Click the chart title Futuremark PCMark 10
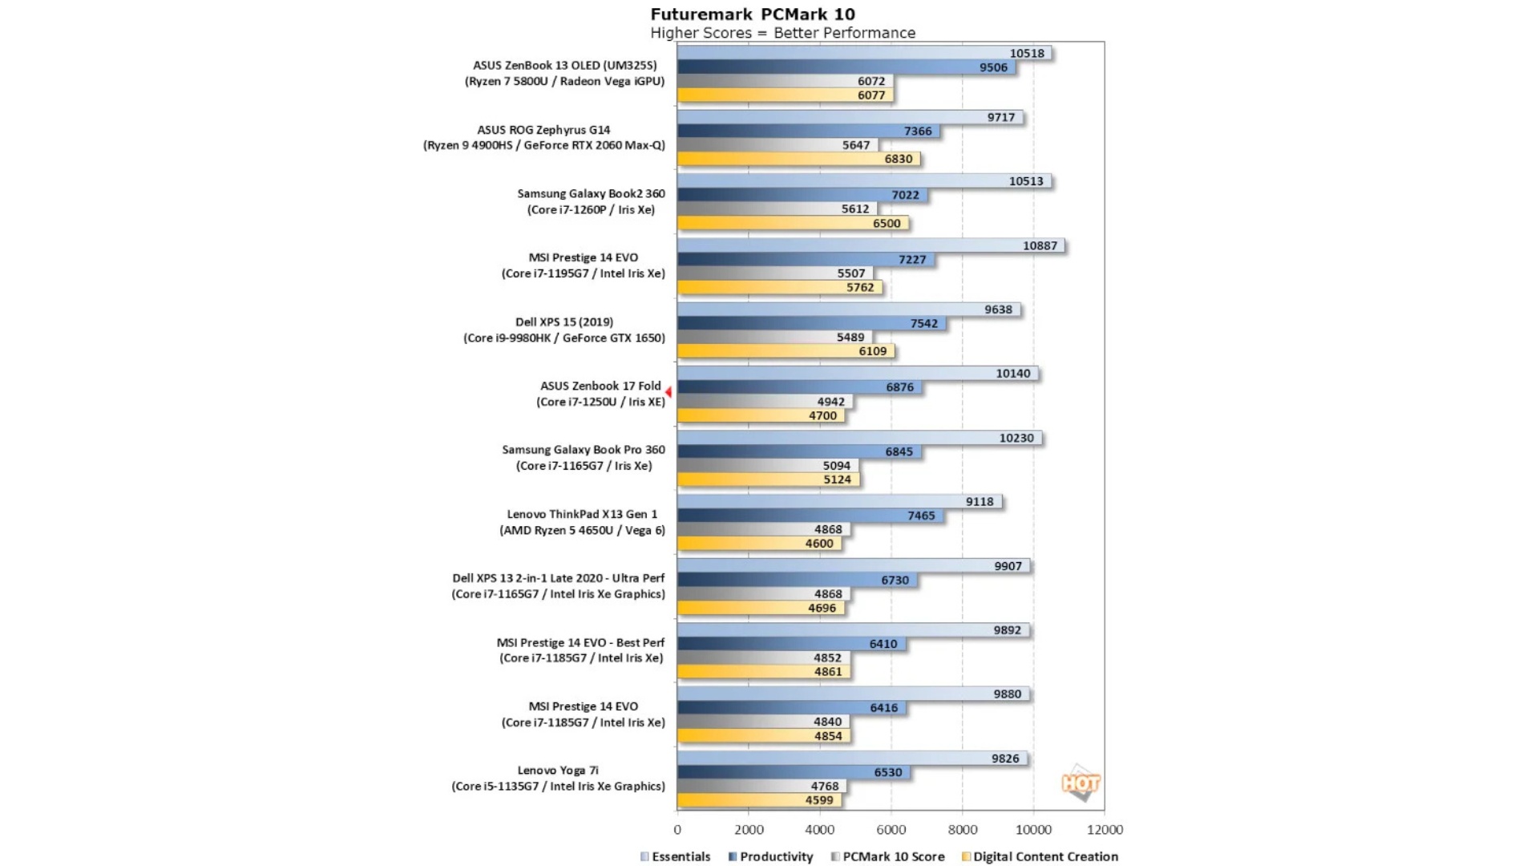coord(753,14)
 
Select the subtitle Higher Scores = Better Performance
coord(782,33)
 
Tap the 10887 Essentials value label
coord(1040,245)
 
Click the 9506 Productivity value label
coord(993,67)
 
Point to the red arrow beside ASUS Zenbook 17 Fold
coord(669,392)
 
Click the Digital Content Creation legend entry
coord(1040,856)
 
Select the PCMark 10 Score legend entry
coord(887,856)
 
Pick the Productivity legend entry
coord(770,856)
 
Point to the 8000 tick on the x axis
coord(962,830)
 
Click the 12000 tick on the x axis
coord(1105,830)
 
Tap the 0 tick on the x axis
coord(677,830)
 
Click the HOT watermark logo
coord(1081,783)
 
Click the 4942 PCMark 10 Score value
coord(830,402)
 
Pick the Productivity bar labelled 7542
coord(811,323)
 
